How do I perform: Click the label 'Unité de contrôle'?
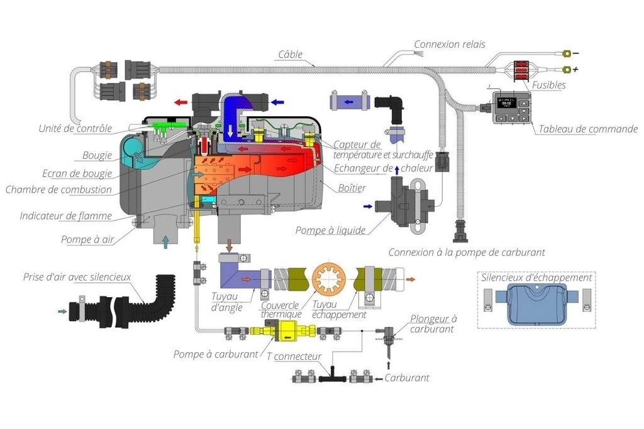pos(75,129)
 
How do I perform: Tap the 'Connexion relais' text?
pos(449,45)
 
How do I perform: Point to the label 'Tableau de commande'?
pos(587,129)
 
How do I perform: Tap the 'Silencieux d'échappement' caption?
pos(536,278)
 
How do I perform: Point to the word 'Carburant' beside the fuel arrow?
pos(406,378)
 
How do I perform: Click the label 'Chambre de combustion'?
pos(58,190)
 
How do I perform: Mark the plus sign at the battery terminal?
pos(575,69)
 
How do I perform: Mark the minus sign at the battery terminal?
pos(575,53)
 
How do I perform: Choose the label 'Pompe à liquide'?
pos(330,231)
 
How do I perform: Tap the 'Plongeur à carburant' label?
pos(433,323)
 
